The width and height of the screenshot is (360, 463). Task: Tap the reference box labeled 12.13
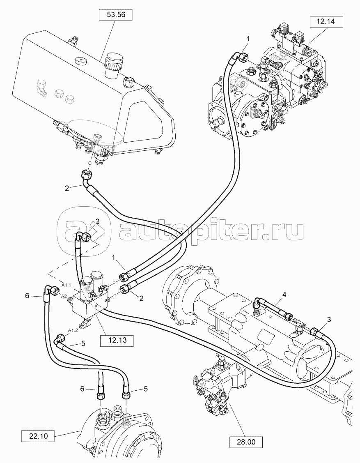[118, 340]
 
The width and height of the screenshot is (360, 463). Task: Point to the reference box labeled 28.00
[246, 442]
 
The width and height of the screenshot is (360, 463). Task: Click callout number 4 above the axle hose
[283, 295]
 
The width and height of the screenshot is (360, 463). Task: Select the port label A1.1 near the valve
[66, 285]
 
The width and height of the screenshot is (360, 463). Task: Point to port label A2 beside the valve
[64, 296]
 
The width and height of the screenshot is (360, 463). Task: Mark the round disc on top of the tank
[80, 62]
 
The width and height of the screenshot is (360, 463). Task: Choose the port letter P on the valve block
[114, 283]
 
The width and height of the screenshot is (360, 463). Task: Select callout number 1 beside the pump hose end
[248, 38]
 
